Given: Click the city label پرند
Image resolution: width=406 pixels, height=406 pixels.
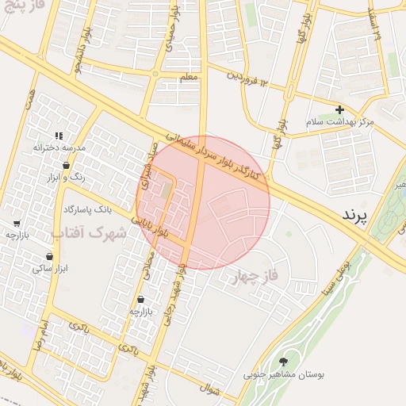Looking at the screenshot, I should tap(357, 215).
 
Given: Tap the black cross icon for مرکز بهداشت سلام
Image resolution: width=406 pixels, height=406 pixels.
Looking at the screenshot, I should tap(339, 109).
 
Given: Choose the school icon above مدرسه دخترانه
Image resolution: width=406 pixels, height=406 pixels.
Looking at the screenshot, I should tap(59, 136).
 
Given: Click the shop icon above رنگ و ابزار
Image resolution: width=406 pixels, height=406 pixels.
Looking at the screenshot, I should tap(65, 166).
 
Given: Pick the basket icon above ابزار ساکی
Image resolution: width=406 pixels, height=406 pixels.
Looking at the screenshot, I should tap(51, 257).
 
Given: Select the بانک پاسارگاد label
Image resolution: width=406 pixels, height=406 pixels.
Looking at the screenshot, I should tap(80, 209).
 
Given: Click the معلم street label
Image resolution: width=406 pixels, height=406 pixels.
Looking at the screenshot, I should tap(189, 75).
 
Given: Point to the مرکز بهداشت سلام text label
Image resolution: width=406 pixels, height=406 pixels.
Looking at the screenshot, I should tap(339, 123).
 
